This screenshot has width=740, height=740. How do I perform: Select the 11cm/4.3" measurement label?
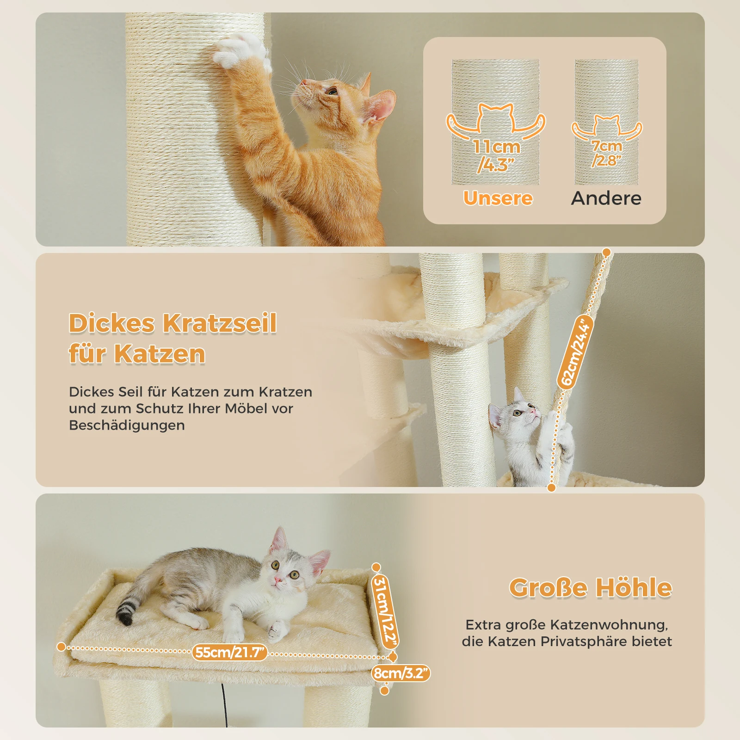pyautogui.click(x=496, y=155)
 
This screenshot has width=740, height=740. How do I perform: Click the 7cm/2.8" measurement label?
pyautogui.click(x=606, y=153)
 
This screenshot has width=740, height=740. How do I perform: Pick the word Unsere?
pyautogui.click(x=498, y=198)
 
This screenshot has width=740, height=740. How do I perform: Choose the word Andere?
pyautogui.click(x=606, y=198)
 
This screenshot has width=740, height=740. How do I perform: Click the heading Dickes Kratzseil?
pyautogui.click(x=173, y=323)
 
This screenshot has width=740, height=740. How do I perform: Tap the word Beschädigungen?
pyautogui.click(x=127, y=425)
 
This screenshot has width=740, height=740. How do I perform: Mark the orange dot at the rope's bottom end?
pyautogui.click(x=551, y=487)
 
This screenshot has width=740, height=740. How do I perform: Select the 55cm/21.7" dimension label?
pyautogui.click(x=230, y=653)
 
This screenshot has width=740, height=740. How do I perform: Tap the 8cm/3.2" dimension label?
pyautogui.click(x=401, y=673)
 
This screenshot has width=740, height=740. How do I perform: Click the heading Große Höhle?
pyautogui.click(x=590, y=587)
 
